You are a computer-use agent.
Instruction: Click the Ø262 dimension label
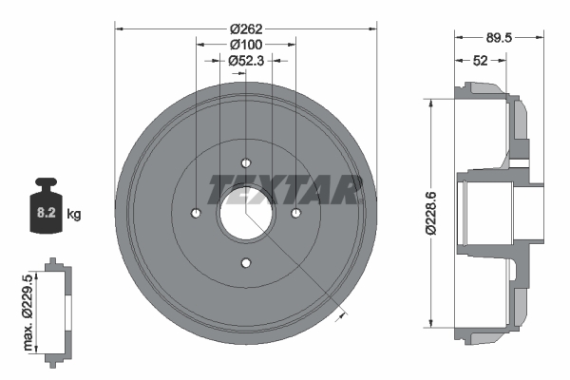coord(246,28)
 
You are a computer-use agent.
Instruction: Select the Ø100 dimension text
coord(246,45)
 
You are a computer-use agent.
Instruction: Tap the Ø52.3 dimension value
coord(246,60)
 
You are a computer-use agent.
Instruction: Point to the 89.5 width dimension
coord(500,38)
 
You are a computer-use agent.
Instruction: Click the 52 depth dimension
coord(481,60)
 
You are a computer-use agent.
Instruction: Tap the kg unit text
coord(74,215)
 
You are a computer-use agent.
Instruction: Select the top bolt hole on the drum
coord(246,162)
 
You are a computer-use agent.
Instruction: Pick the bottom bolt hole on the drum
coord(246,262)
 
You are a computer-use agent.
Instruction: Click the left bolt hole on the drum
coord(196,212)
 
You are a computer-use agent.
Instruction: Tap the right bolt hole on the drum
coord(295,212)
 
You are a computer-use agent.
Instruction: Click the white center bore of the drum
coord(246,212)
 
